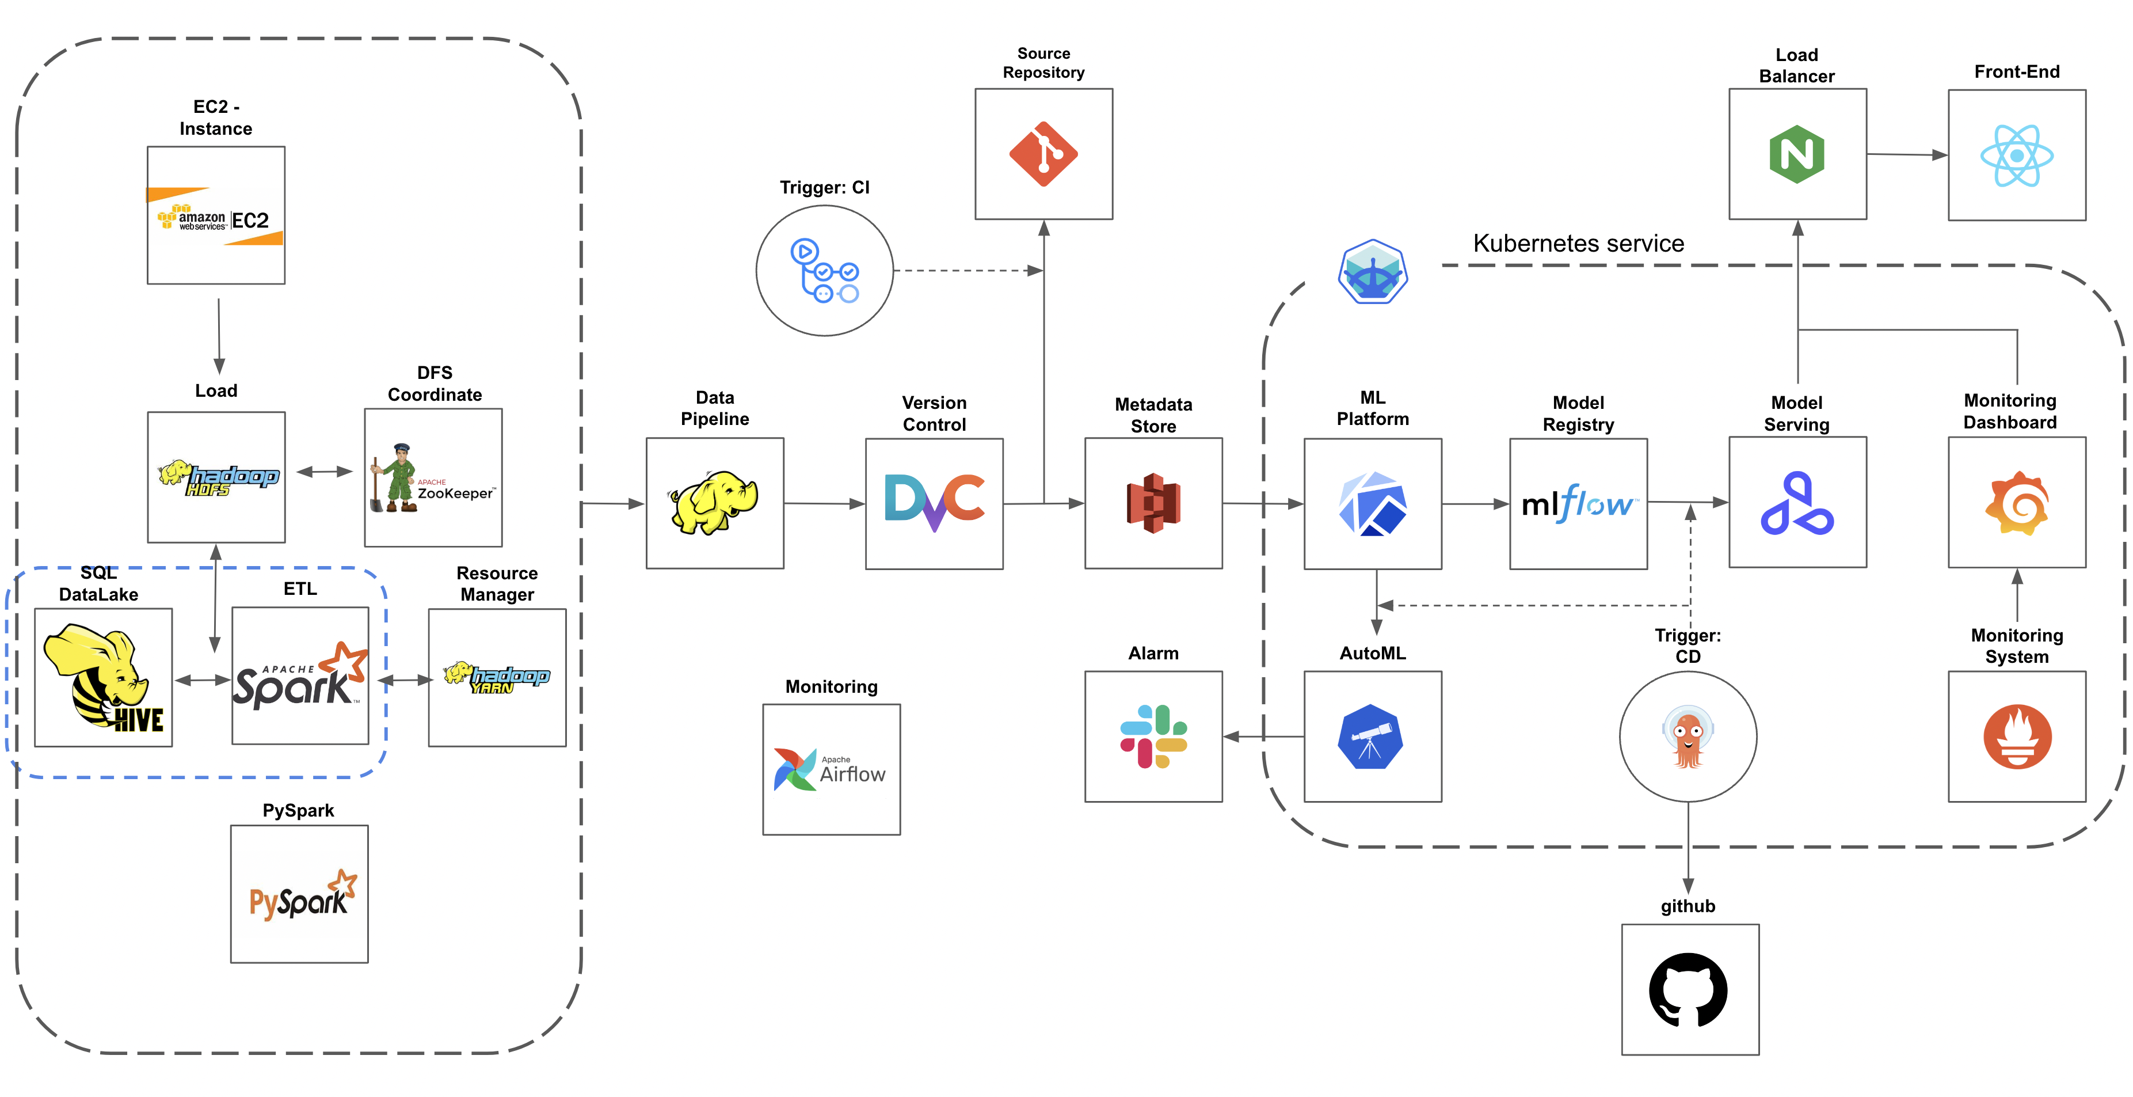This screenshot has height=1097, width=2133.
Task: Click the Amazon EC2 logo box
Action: (215, 215)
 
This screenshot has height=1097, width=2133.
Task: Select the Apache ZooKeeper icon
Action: (432, 478)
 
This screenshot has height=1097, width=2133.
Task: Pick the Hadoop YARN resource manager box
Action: (497, 678)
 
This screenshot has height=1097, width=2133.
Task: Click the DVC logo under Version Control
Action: (934, 503)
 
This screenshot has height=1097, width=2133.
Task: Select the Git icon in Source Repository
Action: (1043, 154)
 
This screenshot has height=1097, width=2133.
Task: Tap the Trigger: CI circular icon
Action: (825, 271)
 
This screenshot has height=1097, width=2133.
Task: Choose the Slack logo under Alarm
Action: (1153, 737)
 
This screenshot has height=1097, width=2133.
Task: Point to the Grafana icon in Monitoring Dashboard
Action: (2017, 503)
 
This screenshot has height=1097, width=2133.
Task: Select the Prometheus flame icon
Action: (2017, 737)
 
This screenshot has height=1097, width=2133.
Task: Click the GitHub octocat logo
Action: (1689, 990)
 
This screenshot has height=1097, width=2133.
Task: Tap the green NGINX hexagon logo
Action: (1797, 154)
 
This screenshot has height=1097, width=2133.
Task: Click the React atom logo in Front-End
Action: (2017, 155)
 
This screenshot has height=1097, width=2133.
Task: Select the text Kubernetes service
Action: (1578, 244)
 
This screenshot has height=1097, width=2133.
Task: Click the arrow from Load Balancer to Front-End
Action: (1907, 154)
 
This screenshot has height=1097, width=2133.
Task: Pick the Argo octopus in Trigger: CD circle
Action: (1688, 737)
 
